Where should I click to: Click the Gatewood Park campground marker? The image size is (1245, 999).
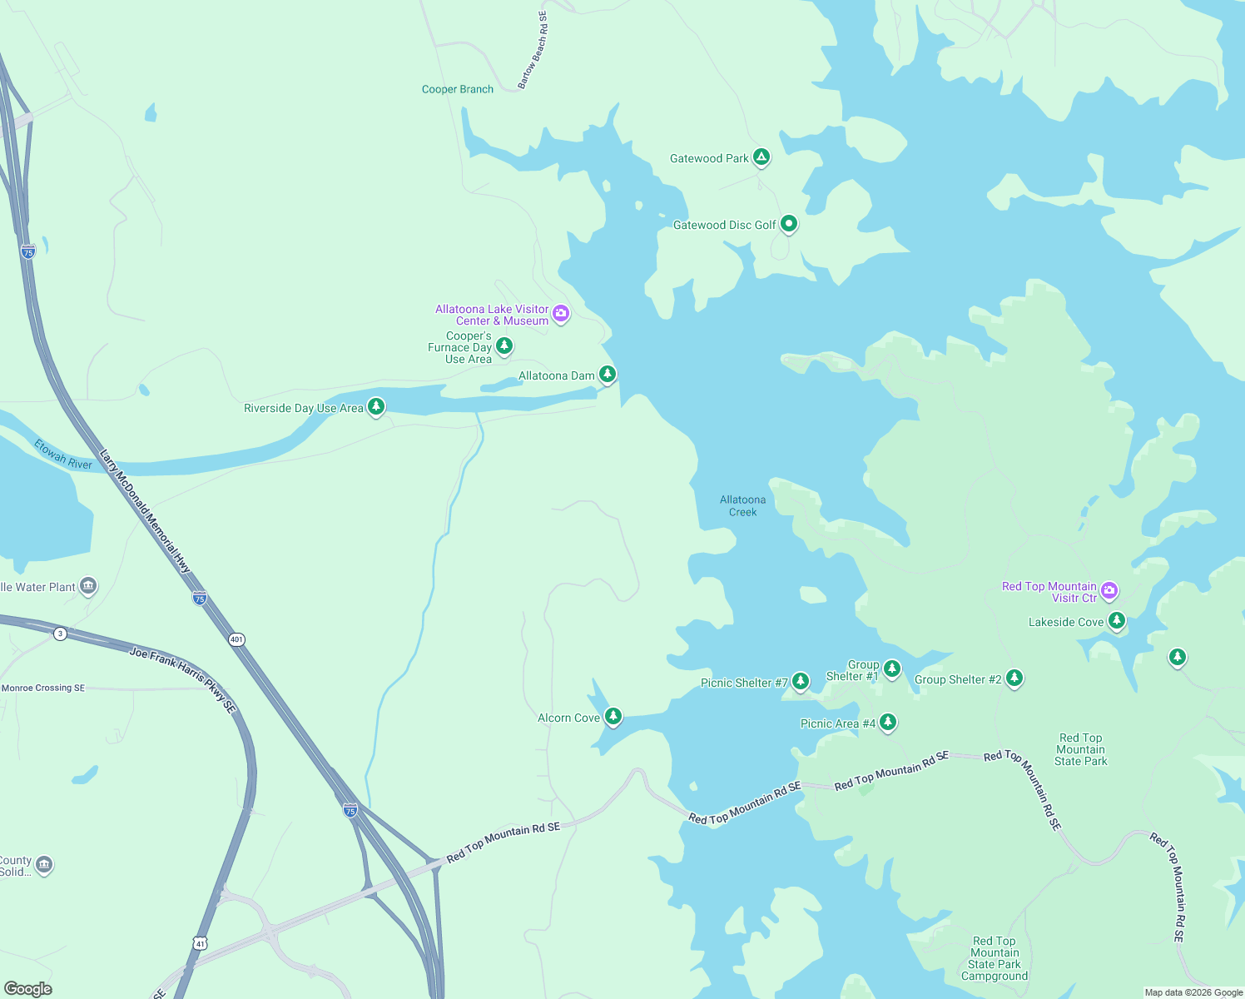[x=761, y=157]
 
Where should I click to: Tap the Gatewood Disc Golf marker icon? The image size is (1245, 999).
[x=789, y=223]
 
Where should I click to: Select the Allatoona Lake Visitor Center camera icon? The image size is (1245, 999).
[x=561, y=314]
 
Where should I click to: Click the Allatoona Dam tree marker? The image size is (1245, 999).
[x=608, y=374]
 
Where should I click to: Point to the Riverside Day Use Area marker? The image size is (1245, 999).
[x=376, y=406]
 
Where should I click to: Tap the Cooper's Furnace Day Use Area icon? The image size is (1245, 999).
[x=504, y=345]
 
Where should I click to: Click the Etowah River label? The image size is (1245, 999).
[x=63, y=455]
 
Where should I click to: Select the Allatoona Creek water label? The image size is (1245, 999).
[x=742, y=506]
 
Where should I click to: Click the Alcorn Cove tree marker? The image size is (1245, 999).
[x=613, y=716]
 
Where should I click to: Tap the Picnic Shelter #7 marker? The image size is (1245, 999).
[x=801, y=681]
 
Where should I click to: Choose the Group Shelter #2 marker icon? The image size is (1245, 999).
[x=1014, y=678]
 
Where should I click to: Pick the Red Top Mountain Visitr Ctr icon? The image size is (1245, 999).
[x=1109, y=591]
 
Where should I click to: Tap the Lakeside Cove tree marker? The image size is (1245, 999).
[x=1117, y=620]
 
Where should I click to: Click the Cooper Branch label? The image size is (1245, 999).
[x=458, y=89]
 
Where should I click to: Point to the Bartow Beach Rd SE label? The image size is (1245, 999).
[x=533, y=50]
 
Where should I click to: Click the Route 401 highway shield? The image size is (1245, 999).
[x=237, y=639]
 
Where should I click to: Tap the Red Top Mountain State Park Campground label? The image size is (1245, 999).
[x=995, y=958]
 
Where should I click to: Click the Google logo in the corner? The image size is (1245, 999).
[x=28, y=989]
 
